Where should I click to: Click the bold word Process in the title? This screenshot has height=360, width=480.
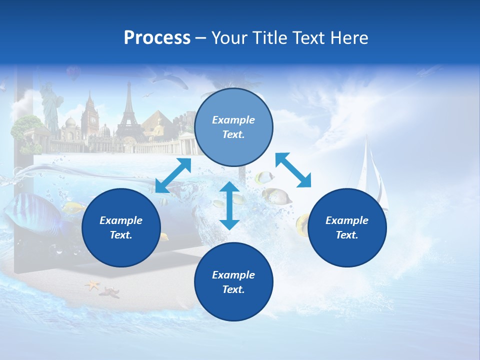pos(157,38)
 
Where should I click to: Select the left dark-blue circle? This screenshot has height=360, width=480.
pos(121,227)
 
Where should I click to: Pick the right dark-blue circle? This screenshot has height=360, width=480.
pos(347,227)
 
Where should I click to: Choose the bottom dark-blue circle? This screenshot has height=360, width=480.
pos(233,281)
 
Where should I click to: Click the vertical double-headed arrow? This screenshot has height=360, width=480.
pos(229,205)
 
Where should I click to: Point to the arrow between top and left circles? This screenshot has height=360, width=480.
pos(173,175)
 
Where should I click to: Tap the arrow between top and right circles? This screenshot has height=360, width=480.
pos(293,170)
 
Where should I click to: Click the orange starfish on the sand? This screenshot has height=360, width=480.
pos(92,285)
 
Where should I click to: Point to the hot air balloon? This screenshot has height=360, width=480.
pos(73,73)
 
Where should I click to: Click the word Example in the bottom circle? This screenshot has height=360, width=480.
pos(233,274)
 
